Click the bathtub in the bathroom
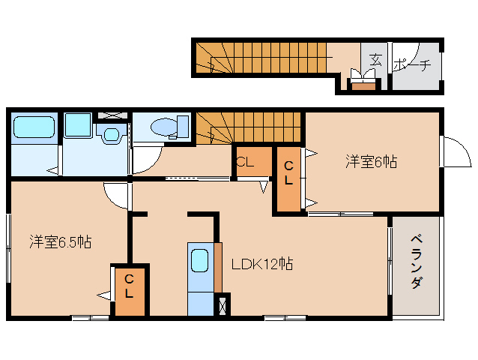(34, 127)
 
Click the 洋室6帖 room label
(371, 161)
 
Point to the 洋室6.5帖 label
(61, 242)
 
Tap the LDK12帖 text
(261, 264)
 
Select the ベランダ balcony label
(417, 262)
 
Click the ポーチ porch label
(412, 64)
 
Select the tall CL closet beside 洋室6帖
(288, 180)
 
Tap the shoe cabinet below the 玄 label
(363, 84)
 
